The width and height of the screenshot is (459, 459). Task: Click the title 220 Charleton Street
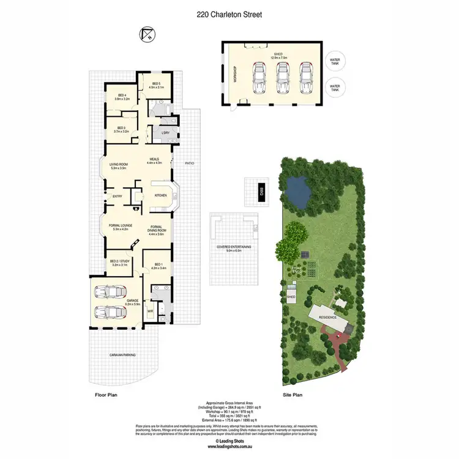click(x=229, y=15)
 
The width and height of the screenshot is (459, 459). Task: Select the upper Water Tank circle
click(x=335, y=62)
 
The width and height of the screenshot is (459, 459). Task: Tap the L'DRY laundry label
click(x=165, y=133)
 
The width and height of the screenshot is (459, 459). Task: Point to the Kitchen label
click(x=160, y=196)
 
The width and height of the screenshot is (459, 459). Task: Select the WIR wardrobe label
click(x=151, y=312)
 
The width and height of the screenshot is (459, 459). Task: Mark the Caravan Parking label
click(x=122, y=355)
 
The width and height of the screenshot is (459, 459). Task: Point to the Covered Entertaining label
click(x=234, y=248)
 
